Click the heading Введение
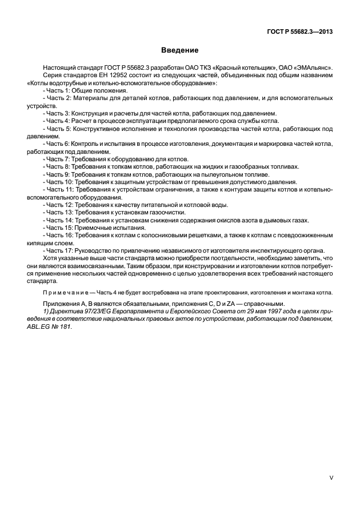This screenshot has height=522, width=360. click(x=179, y=51)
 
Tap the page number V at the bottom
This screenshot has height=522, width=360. click(x=331, y=476)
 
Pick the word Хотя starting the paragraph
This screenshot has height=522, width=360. click(x=51, y=258)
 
